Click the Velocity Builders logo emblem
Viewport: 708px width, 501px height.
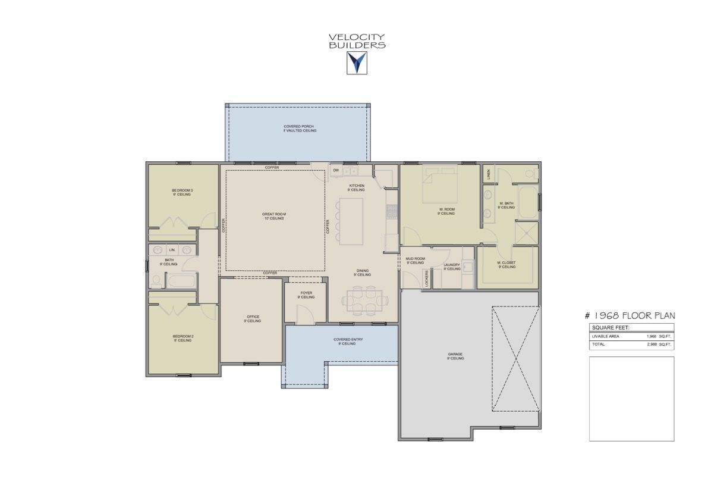coord(357,62)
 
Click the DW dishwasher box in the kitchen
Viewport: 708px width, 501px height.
coord(336,171)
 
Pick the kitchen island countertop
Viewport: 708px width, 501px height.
coord(351,221)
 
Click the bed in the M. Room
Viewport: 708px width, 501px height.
coord(439,184)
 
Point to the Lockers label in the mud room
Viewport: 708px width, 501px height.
coord(427,278)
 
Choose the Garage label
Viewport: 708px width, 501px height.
coord(455,356)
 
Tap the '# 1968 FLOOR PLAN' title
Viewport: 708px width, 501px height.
coord(630,316)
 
